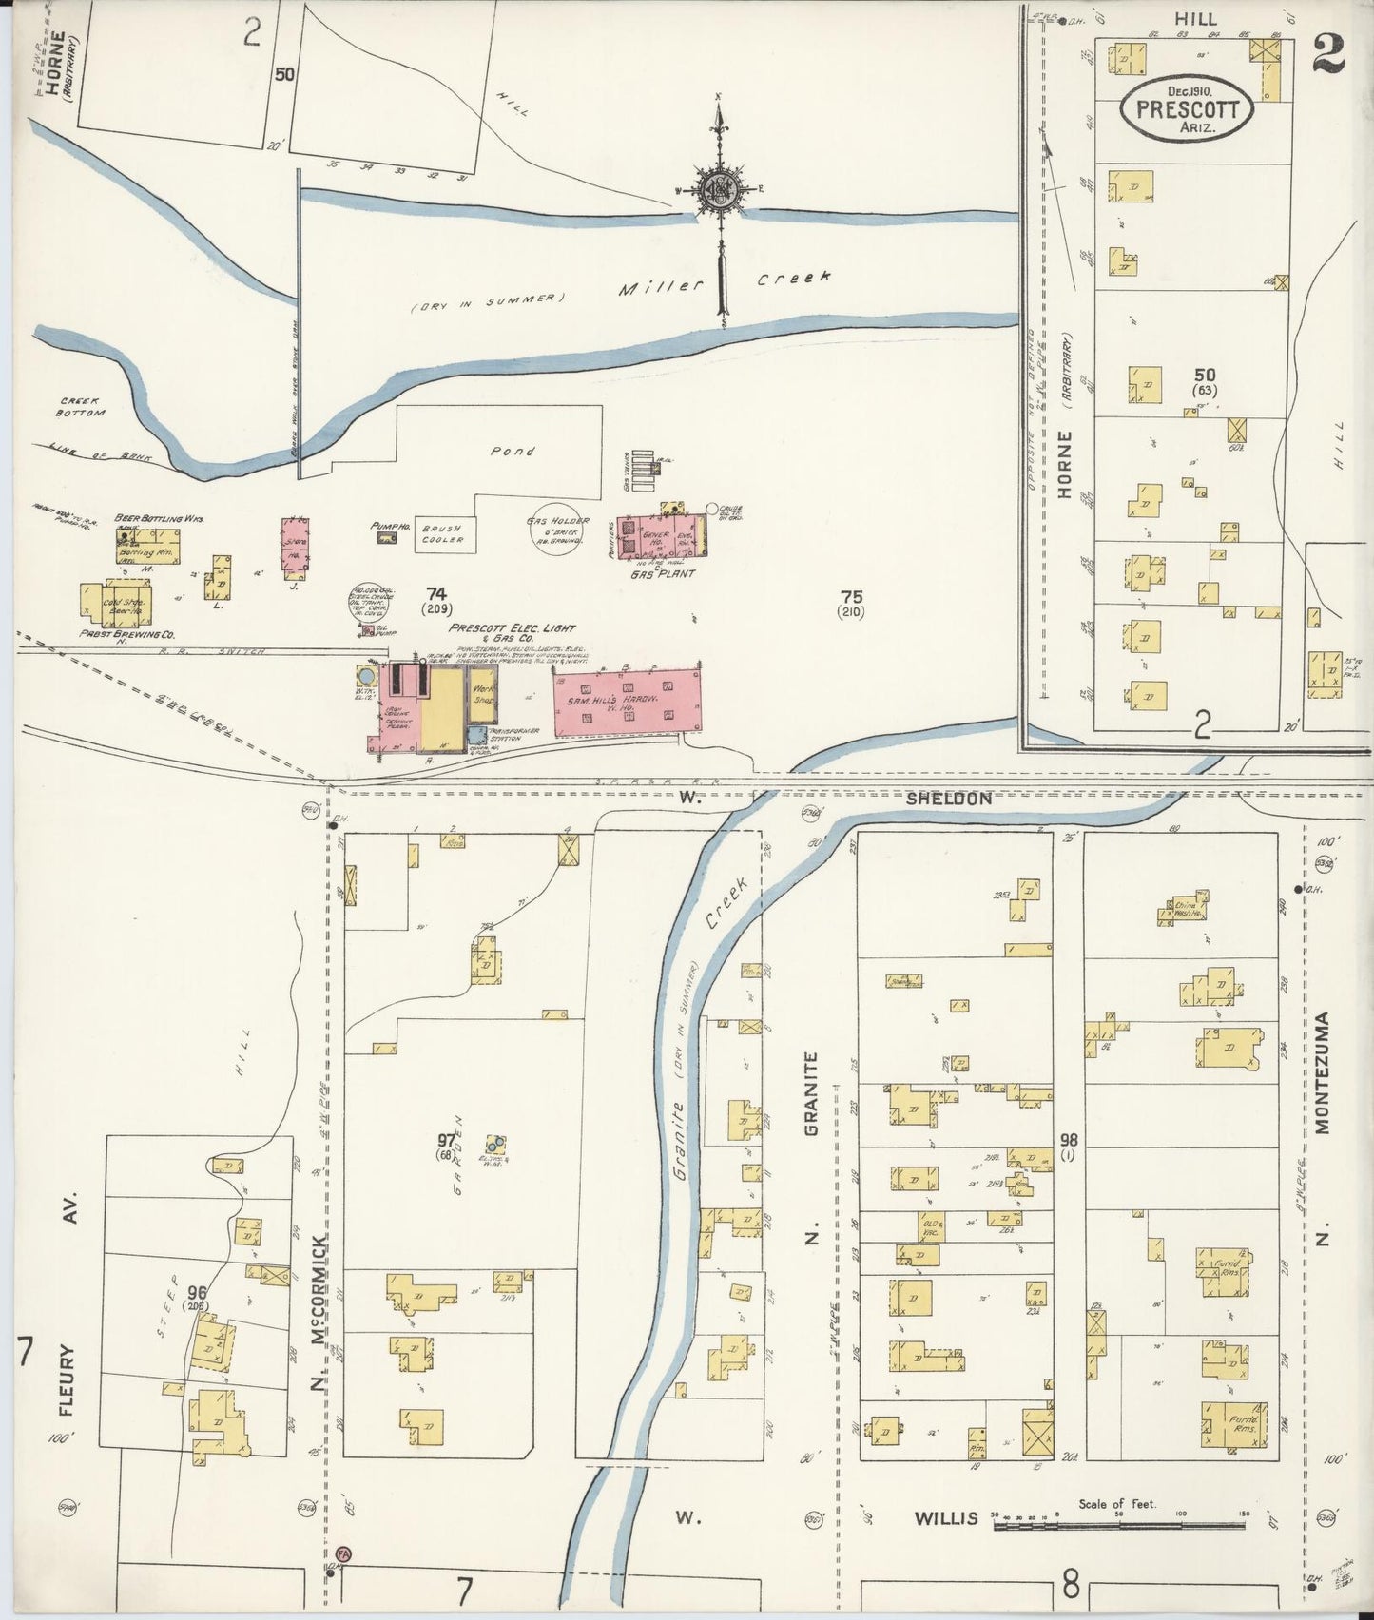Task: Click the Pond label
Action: (513, 452)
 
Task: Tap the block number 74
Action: (436, 594)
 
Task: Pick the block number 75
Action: (851, 597)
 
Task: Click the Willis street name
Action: (946, 1518)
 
